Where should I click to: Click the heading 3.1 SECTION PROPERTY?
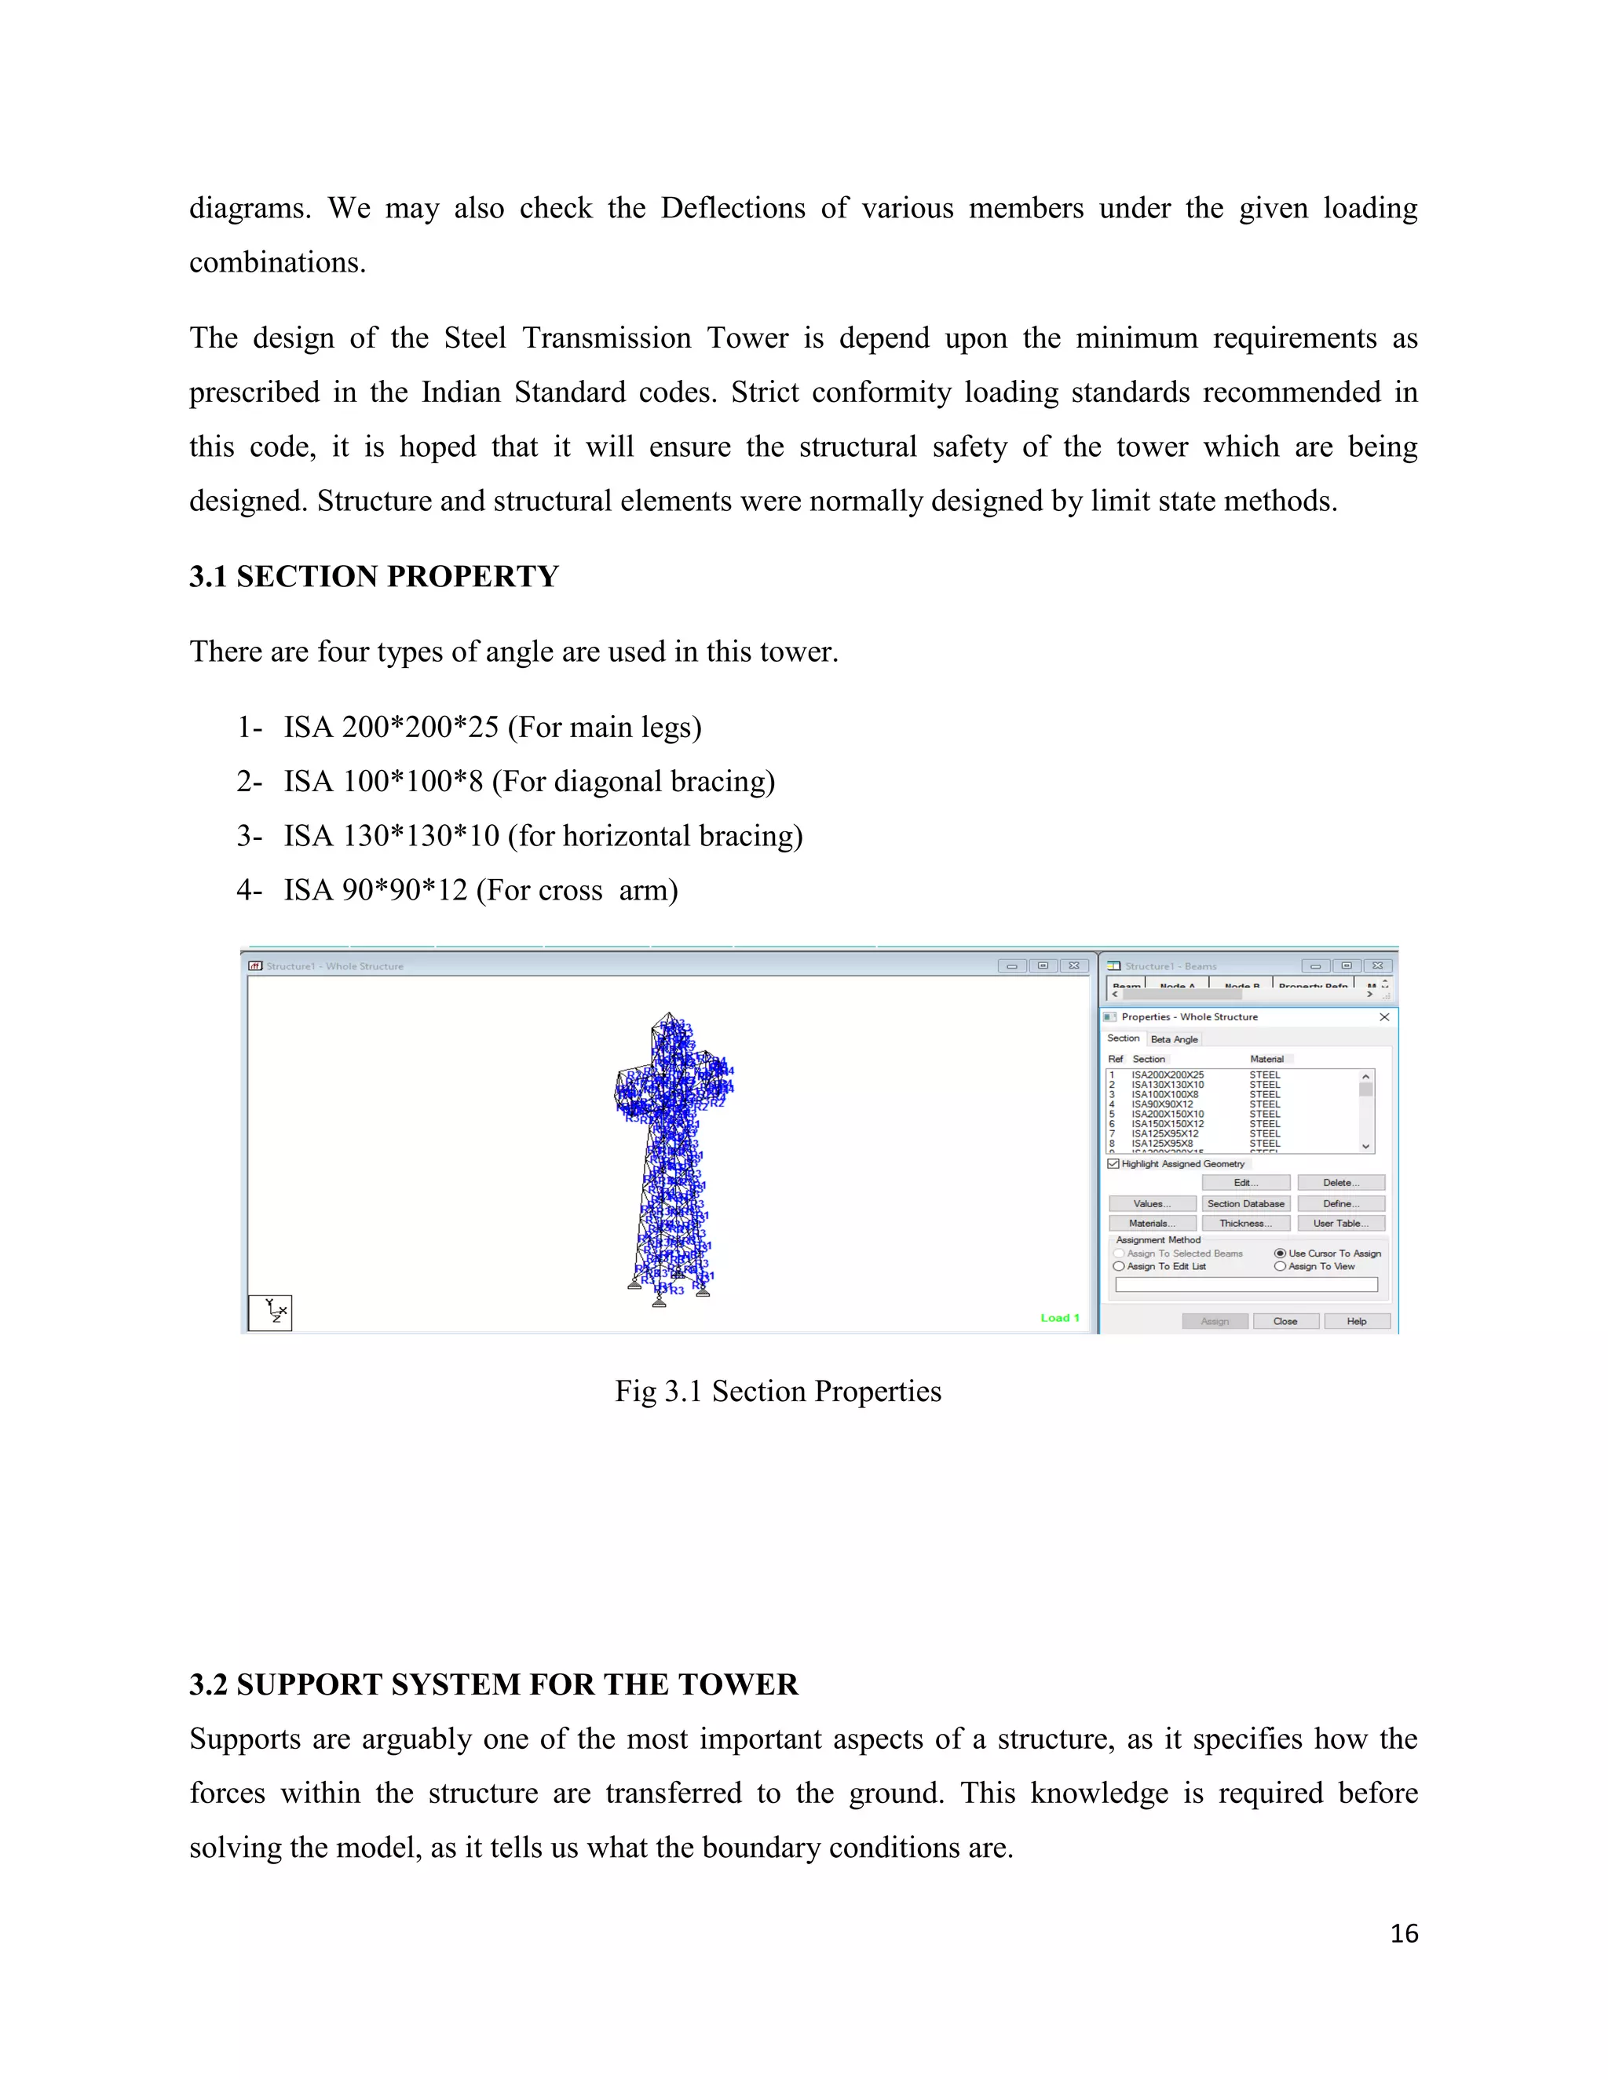point(374,577)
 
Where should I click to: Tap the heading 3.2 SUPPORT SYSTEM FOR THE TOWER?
point(493,1684)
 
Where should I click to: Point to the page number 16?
point(1403,1934)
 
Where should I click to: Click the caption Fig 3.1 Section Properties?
point(777,1392)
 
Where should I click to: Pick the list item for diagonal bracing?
point(528,782)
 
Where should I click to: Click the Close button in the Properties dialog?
point(1285,1321)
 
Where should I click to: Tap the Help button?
point(1357,1321)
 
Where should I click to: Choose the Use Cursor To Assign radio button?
point(1281,1253)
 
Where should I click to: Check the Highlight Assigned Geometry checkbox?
point(1113,1164)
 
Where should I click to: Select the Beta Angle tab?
point(1174,1039)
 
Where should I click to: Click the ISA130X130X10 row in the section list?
point(1167,1085)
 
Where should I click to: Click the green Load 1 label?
point(1059,1318)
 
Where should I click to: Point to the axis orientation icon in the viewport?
point(271,1312)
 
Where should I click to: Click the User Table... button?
point(1340,1224)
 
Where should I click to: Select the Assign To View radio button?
point(1281,1267)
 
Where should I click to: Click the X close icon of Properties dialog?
point(1384,1017)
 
